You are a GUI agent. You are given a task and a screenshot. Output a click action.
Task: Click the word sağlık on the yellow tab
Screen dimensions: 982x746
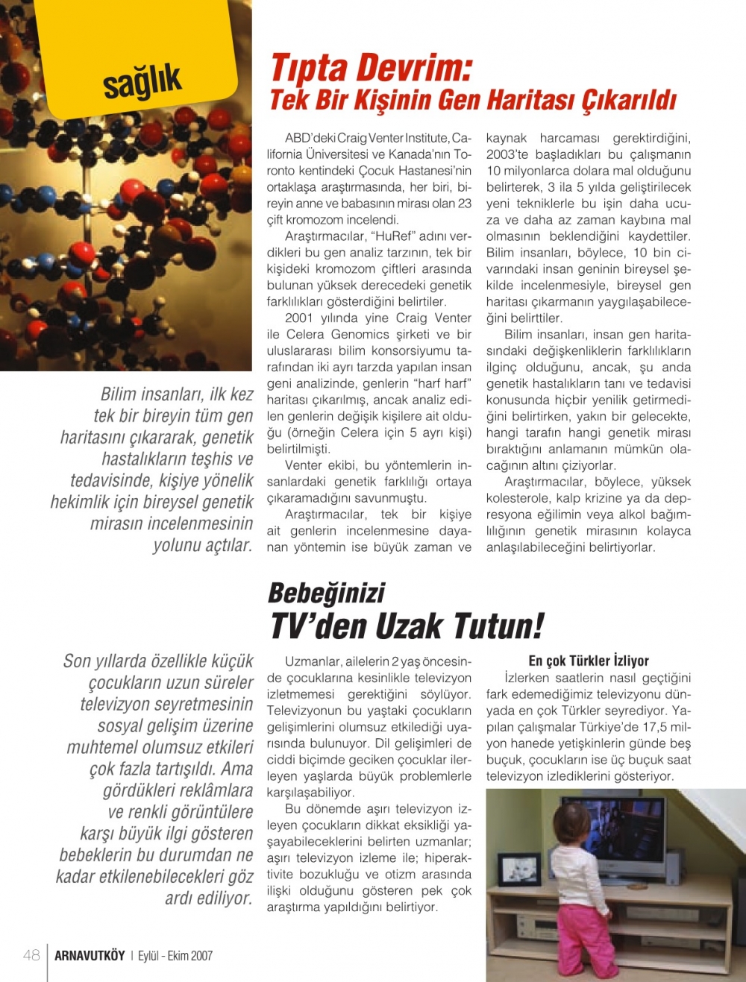click(x=142, y=81)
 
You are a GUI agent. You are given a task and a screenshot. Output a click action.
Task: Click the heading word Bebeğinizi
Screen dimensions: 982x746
click(x=326, y=594)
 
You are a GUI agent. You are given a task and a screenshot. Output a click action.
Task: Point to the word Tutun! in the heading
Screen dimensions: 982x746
click(x=498, y=626)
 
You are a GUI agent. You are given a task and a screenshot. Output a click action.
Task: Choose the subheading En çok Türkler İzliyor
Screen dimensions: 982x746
click(x=589, y=661)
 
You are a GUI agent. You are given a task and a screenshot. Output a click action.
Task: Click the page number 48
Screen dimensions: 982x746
click(x=31, y=955)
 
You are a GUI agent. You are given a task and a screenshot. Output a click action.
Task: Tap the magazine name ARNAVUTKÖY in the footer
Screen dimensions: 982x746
click(x=90, y=956)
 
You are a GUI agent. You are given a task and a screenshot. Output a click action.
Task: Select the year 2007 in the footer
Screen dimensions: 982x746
click(x=201, y=956)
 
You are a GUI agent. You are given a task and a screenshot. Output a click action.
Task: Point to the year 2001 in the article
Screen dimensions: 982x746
click(x=299, y=318)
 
